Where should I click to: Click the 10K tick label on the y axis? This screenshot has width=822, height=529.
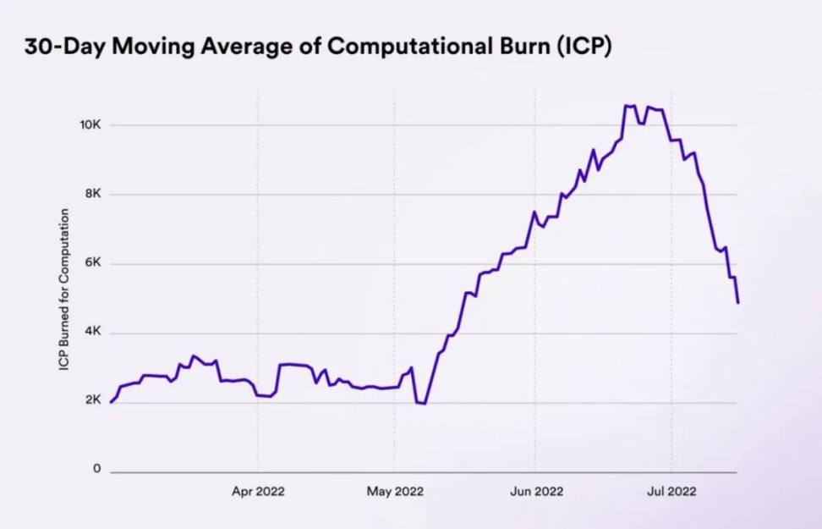click(x=90, y=124)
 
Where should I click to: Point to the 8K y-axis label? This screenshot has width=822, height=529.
click(x=92, y=194)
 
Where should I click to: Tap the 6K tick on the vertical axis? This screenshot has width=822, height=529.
click(x=92, y=263)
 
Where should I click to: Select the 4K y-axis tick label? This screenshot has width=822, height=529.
click(x=92, y=333)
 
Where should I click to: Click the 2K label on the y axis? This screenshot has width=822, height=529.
click(x=92, y=400)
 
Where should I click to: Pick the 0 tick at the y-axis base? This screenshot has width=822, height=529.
click(x=96, y=469)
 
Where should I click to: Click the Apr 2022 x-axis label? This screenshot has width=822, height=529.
click(x=258, y=491)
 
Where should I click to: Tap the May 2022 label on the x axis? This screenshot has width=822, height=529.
click(x=396, y=491)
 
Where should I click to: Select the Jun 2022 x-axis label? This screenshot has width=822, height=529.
click(x=535, y=491)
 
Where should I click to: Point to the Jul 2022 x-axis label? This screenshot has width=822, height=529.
click(x=671, y=491)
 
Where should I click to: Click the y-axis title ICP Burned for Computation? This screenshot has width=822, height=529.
click(x=63, y=289)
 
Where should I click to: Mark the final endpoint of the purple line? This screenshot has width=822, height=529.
click(x=737, y=302)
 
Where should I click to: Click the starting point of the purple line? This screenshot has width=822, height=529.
click(x=111, y=402)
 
